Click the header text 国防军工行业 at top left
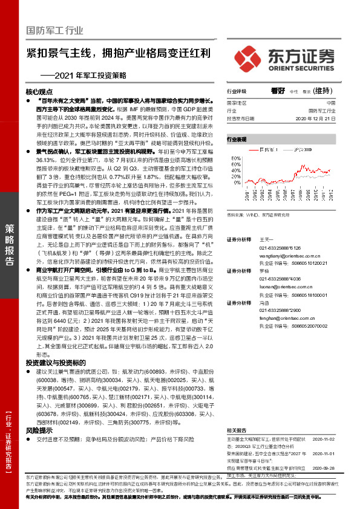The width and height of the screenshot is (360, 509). [x=54, y=30]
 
